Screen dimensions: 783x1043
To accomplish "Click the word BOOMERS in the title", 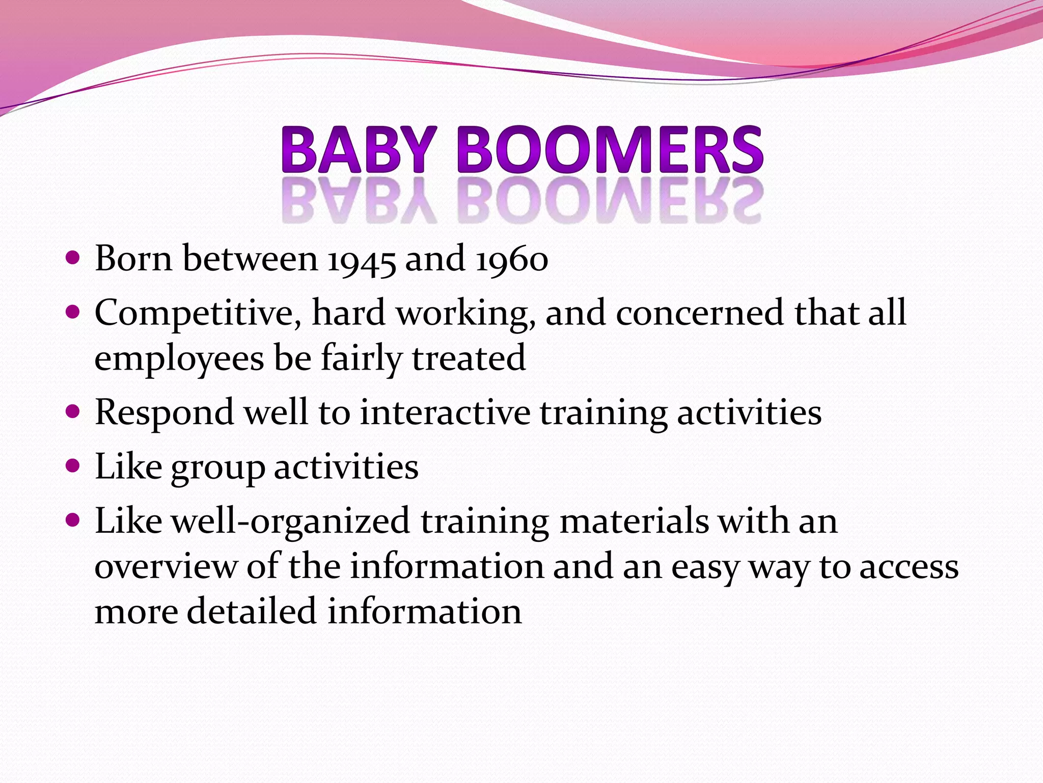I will (x=610, y=150).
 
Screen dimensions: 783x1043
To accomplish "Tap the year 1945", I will (x=361, y=260).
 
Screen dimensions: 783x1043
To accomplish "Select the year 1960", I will (x=512, y=260).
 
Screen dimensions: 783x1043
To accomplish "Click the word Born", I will (x=133, y=259).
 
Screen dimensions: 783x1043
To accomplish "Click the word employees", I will (x=179, y=359).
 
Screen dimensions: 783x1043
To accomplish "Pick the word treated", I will (x=469, y=358).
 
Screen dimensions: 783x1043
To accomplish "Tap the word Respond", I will (x=164, y=413).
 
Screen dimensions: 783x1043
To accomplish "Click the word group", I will (x=218, y=468).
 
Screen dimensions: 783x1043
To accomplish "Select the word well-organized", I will (x=290, y=522).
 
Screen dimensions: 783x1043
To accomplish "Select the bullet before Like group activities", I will (x=73, y=465).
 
